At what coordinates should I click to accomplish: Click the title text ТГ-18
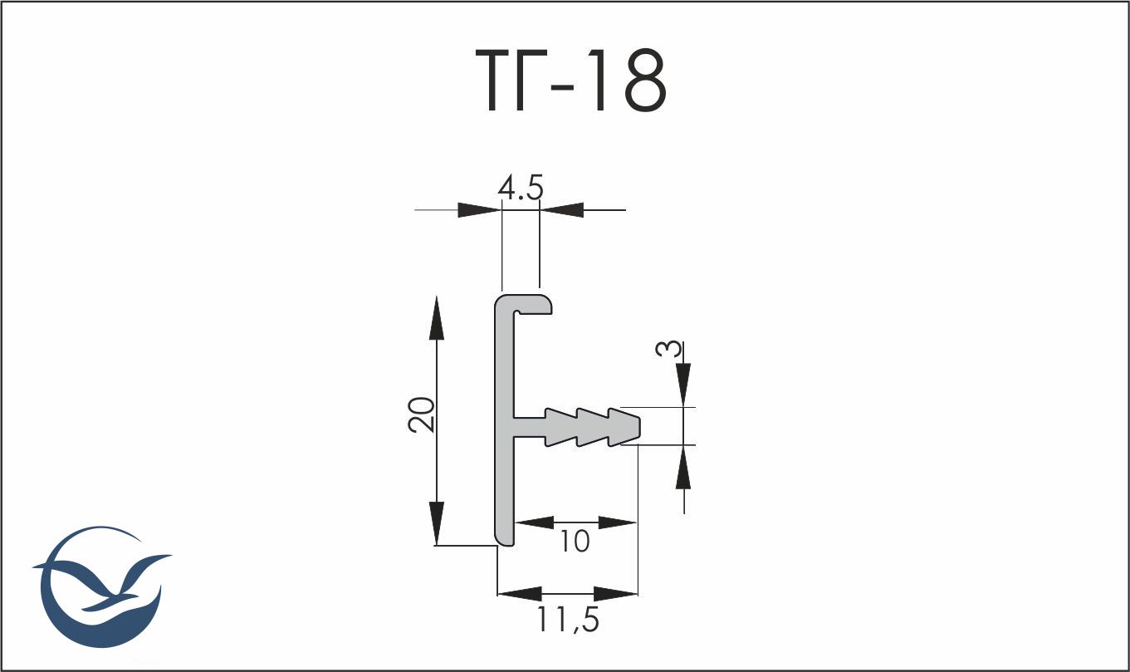(571, 81)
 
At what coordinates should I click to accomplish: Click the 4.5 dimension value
(521, 188)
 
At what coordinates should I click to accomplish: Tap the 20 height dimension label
(421, 414)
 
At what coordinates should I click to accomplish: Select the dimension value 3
(668, 349)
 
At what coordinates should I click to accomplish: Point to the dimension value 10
(575, 542)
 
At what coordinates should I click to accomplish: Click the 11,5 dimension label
(568, 619)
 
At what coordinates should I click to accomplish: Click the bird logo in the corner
(102, 588)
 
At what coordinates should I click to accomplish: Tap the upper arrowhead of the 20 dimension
(437, 317)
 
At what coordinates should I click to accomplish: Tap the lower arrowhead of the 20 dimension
(437, 523)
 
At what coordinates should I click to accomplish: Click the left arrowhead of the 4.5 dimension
(479, 209)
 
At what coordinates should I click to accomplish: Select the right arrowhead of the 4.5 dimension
(561, 209)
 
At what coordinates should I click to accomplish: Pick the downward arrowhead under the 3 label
(683, 385)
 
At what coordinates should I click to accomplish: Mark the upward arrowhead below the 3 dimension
(683, 467)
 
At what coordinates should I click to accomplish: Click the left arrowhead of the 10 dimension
(536, 522)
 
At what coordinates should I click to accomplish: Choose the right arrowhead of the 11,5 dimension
(616, 594)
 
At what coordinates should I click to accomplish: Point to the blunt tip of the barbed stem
(637, 427)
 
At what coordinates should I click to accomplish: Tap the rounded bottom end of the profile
(505, 539)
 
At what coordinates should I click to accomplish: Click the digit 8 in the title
(644, 81)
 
